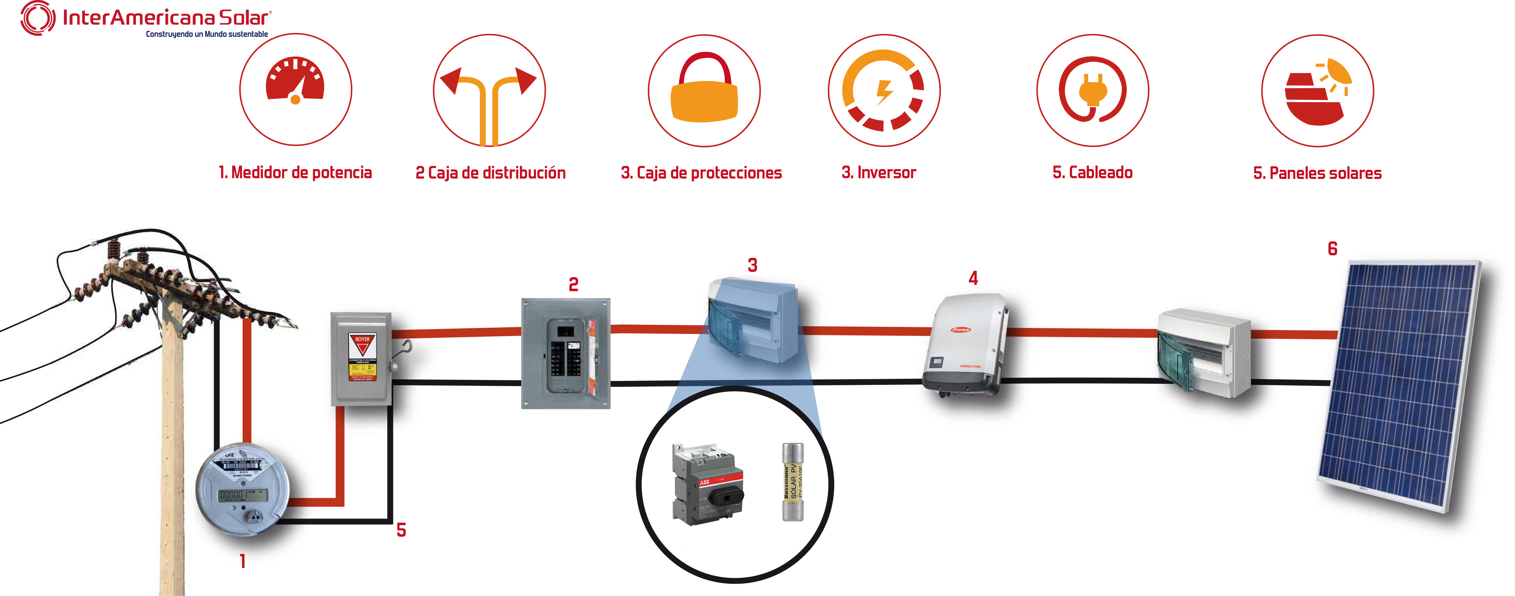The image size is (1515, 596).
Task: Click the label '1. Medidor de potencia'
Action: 295,172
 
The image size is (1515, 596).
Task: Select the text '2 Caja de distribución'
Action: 490,172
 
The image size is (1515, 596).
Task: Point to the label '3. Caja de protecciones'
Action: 701,172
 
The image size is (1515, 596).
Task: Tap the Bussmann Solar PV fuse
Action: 792,482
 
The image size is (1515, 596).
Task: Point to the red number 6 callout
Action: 1333,249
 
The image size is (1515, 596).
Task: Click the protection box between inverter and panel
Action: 1203,353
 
